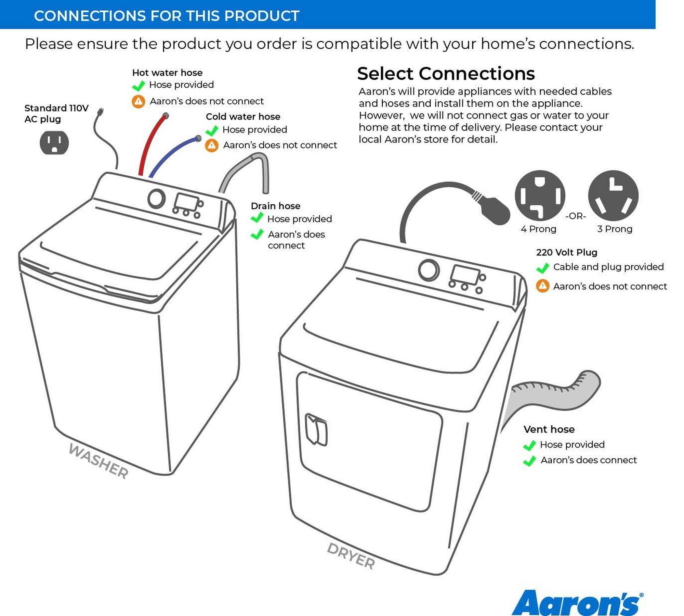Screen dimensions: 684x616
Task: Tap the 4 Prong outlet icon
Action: tap(540, 195)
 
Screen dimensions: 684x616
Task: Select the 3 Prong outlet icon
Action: tap(613, 195)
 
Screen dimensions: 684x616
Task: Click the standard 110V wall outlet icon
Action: tap(54, 142)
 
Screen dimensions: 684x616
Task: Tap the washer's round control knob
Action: tap(157, 199)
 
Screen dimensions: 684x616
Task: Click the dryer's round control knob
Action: tap(429, 270)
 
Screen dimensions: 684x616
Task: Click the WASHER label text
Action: tap(98, 461)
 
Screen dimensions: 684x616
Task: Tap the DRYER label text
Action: tap(351, 556)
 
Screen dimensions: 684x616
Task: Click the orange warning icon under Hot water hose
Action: tap(139, 101)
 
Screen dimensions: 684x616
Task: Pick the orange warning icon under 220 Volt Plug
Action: tap(542, 286)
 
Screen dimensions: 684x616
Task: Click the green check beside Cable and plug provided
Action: tap(543, 268)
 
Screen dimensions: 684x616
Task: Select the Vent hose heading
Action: tap(549, 429)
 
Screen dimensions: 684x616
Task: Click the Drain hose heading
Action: tap(275, 206)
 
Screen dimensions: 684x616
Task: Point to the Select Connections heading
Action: tap(446, 74)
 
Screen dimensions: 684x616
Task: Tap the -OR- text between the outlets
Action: tap(576, 216)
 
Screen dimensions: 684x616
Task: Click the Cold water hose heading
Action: tap(243, 116)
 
